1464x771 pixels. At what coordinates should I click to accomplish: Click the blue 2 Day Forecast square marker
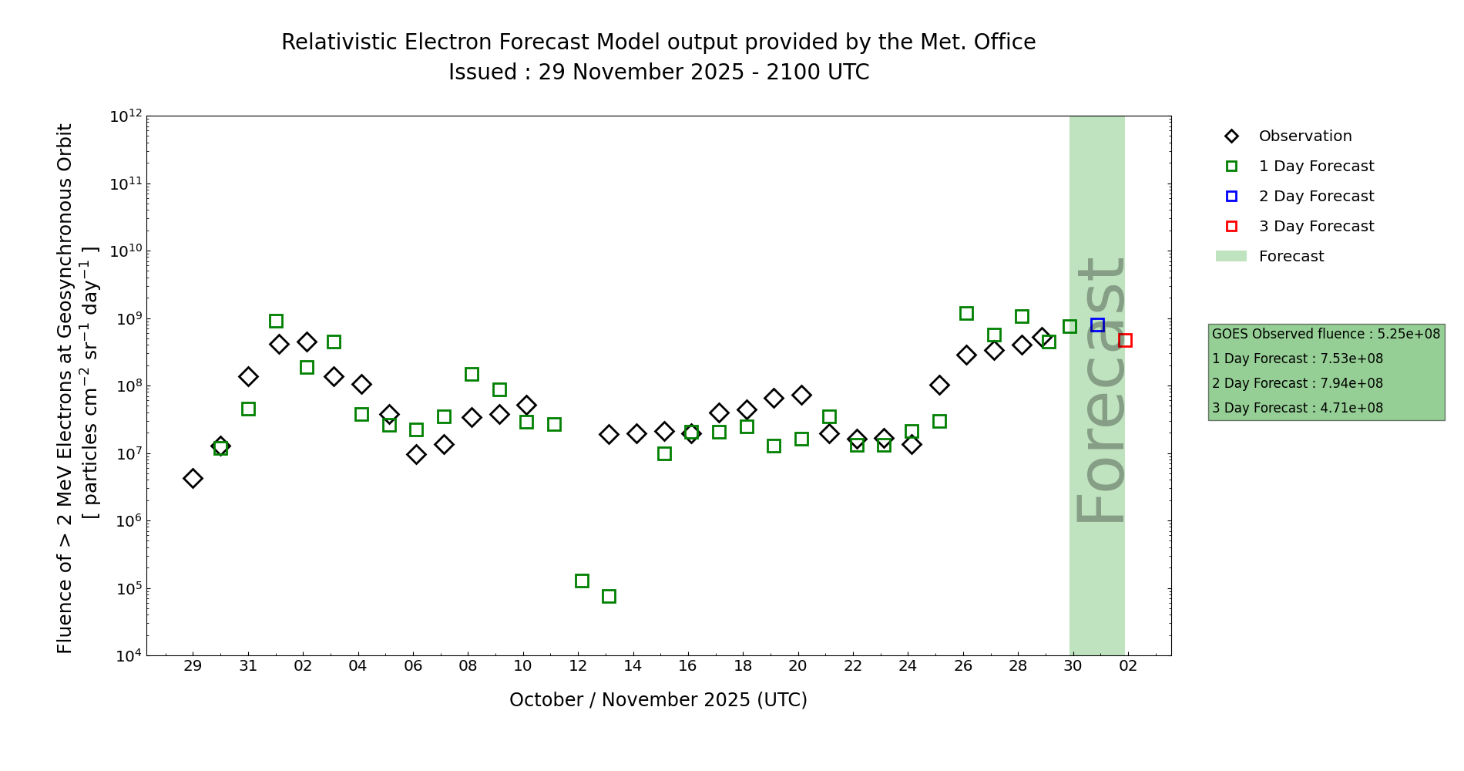[x=1097, y=325]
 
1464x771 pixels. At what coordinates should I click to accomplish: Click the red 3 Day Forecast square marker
[x=1125, y=340]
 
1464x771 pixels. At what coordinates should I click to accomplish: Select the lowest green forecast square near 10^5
[x=609, y=596]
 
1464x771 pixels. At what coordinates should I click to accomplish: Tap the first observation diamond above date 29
[x=193, y=478]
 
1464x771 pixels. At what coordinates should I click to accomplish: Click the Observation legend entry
[x=1305, y=136]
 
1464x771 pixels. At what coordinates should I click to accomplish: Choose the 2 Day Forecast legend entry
[x=1315, y=197]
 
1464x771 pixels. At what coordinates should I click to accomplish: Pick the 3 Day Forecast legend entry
[x=1315, y=227]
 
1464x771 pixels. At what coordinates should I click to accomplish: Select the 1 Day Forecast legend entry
[x=1315, y=167]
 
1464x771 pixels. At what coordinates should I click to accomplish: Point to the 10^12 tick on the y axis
[x=126, y=116]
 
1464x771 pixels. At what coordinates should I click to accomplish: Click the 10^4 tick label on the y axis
[x=126, y=656]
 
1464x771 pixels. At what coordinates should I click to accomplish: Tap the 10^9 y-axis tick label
[x=126, y=319]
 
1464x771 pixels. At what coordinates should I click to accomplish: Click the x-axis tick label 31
[x=248, y=666]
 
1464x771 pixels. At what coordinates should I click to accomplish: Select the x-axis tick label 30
[x=1073, y=666]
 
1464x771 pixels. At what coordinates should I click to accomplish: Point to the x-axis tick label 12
[x=578, y=666]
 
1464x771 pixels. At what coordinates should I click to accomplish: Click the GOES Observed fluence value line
[x=1325, y=334]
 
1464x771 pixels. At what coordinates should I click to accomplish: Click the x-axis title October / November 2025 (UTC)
[x=658, y=700]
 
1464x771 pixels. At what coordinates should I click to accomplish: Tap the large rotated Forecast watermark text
[x=1100, y=390]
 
